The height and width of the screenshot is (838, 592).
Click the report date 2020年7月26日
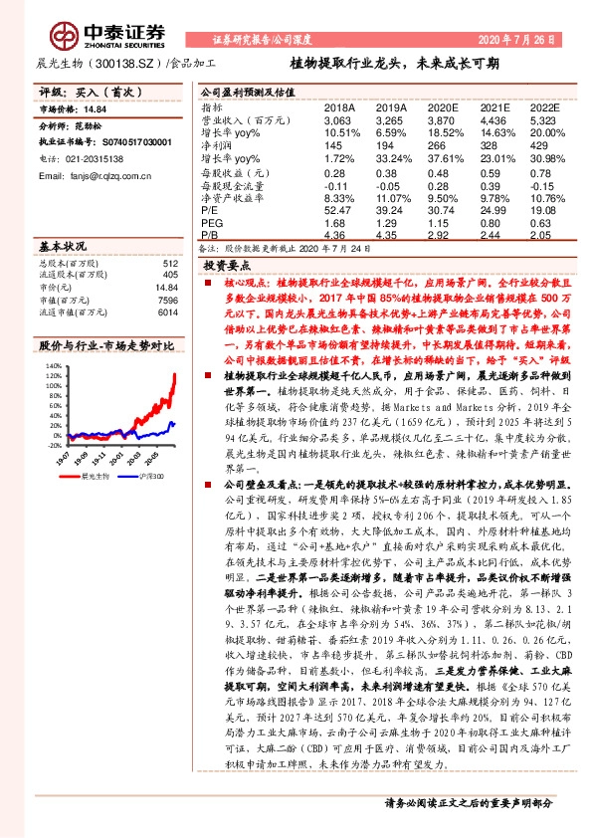pos(524,38)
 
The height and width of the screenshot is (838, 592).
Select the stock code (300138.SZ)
pos(117,63)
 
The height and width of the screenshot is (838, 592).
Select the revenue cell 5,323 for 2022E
pos(543,119)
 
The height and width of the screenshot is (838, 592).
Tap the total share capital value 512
pos(169,263)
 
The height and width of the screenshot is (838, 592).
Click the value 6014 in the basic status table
pos(167,311)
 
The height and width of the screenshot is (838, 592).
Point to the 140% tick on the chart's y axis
pos(51,366)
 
